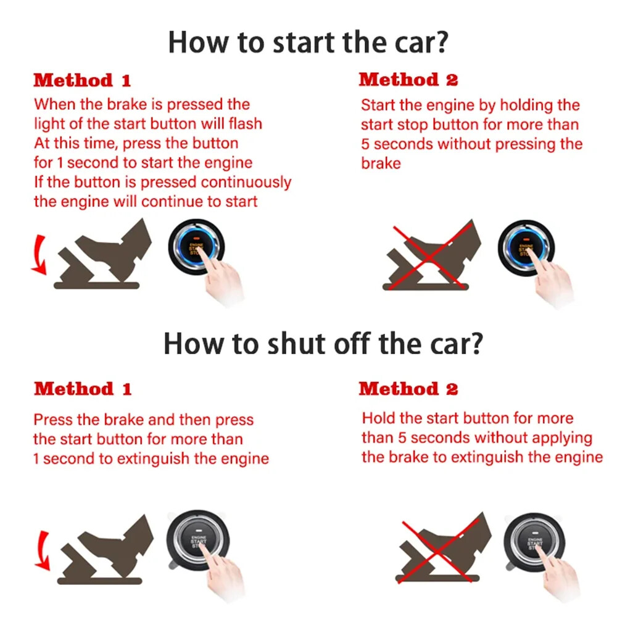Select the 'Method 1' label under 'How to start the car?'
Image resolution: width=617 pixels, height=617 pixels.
point(82,80)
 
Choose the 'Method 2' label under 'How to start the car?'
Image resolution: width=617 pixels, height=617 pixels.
point(408,80)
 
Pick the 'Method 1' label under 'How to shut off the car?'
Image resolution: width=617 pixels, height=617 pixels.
point(83,389)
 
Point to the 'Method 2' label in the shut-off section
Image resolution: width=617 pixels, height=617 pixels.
point(408,389)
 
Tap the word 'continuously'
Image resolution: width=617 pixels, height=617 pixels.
point(246,182)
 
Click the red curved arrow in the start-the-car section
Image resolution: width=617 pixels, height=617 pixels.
point(39,255)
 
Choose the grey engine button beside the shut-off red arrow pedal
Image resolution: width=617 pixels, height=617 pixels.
point(196,540)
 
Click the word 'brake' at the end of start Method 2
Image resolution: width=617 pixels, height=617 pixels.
point(381,164)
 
